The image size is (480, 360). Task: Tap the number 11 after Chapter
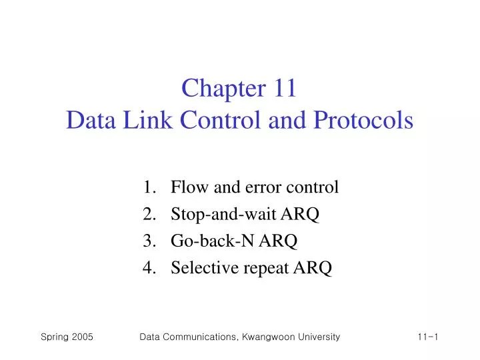[281, 89]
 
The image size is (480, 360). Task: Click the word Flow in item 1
[186, 187]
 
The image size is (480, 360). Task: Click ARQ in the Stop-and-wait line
[305, 214]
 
